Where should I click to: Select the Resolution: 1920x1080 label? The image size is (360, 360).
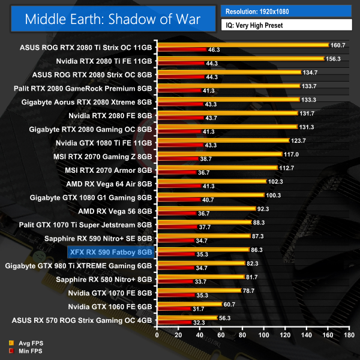(x=262, y=11)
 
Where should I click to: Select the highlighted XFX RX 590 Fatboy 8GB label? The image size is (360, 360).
(x=111, y=252)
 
